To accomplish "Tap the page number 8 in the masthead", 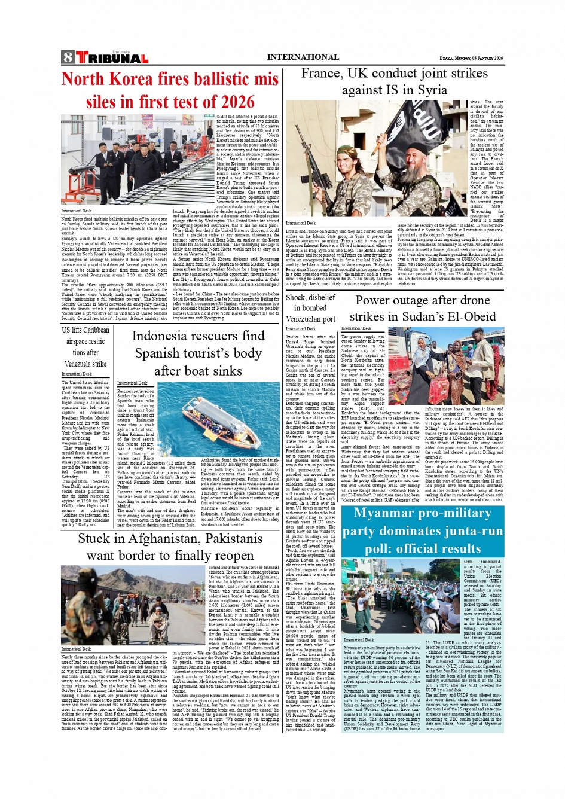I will pos(68,58).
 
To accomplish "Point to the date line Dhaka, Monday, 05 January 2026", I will pos(471,58).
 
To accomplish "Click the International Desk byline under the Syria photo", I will pos(301,223).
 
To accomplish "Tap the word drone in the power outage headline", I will pos(475,300).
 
